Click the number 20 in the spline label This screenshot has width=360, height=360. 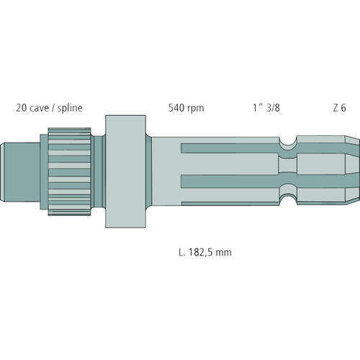(22, 108)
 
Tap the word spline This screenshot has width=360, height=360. (70, 108)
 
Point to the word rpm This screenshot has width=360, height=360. (196, 109)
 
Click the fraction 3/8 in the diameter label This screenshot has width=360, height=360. (273, 108)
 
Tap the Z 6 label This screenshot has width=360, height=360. (339, 108)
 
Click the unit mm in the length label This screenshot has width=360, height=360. (223, 253)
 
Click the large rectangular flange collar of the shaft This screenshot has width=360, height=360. (125, 171)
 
